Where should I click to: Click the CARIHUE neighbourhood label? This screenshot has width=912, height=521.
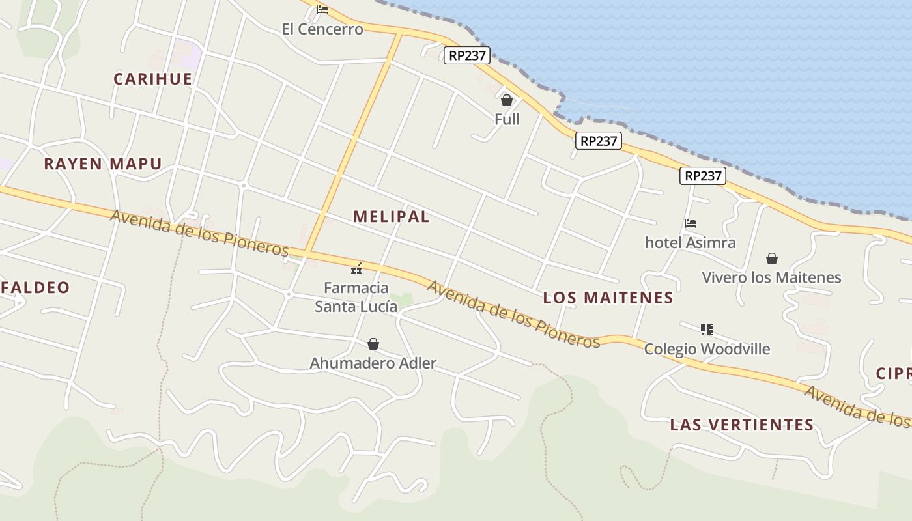(153, 79)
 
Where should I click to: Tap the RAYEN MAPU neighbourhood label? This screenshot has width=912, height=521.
(103, 164)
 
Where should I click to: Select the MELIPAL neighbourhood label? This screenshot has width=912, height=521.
(392, 217)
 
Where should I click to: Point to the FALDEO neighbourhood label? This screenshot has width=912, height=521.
(35, 288)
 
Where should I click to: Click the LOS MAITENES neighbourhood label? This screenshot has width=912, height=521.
(608, 298)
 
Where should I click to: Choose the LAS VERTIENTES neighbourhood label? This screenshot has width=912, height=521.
(742, 425)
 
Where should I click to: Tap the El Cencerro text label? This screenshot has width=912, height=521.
(322, 29)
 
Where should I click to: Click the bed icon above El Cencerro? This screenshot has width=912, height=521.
(322, 10)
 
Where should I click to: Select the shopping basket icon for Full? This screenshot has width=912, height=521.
(507, 100)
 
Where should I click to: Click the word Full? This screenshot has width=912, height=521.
(507, 119)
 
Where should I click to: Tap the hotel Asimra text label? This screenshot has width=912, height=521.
(690, 243)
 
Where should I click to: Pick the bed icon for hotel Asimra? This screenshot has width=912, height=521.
(691, 223)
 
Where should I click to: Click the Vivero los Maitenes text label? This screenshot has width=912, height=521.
(771, 278)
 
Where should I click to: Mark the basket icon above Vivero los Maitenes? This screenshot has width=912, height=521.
(772, 259)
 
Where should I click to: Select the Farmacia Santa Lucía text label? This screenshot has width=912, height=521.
(356, 297)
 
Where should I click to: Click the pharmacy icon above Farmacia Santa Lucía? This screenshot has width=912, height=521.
(356, 268)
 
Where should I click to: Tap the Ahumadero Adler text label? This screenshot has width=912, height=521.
(373, 363)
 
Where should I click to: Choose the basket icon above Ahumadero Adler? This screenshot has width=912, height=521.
(373, 344)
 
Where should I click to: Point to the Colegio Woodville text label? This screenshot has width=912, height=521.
(707, 349)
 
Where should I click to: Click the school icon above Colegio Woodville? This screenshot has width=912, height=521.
(707, 330)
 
